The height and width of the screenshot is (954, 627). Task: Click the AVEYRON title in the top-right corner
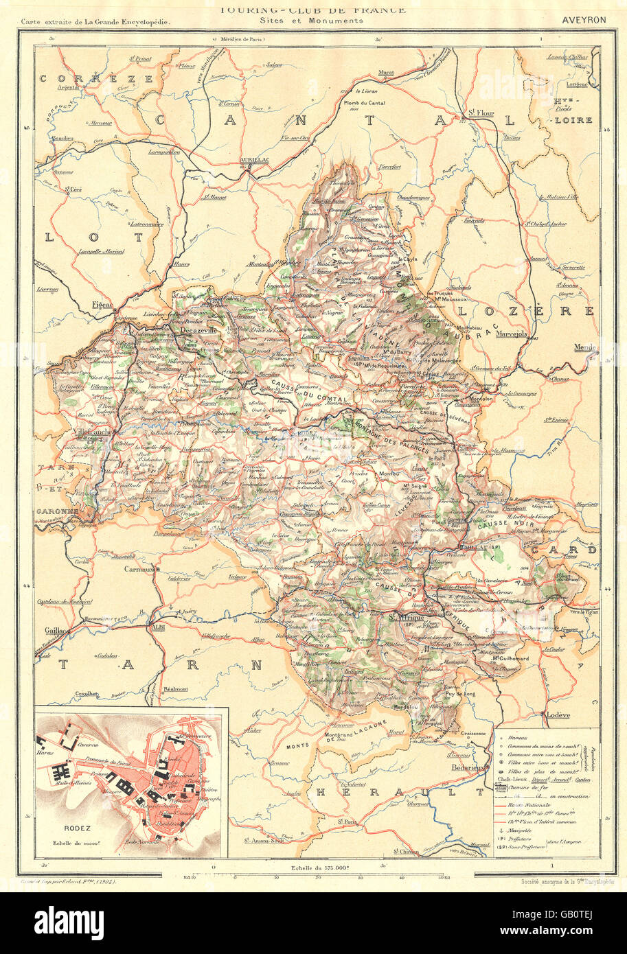click(583, 20)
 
